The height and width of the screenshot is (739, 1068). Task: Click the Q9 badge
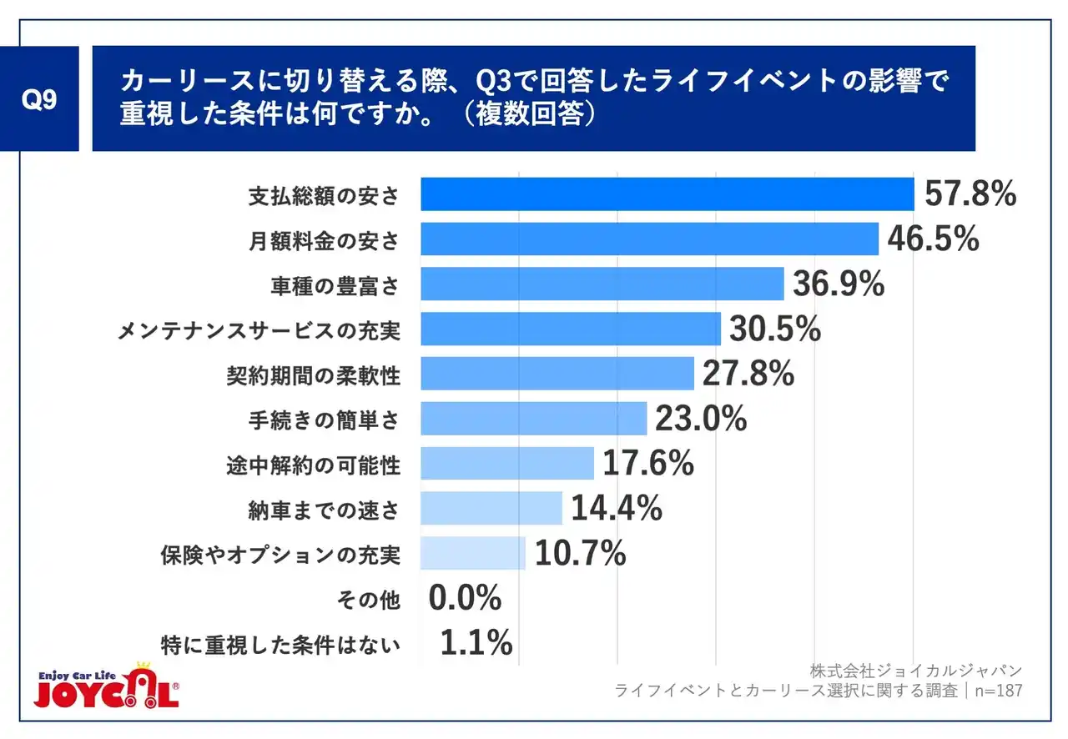pyautogui.click(x=39, y=99)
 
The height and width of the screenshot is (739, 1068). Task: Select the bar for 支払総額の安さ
pyautogui.click(x=667, y=194)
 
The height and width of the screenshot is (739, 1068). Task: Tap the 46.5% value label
pyautogui.click(x=933, y=239)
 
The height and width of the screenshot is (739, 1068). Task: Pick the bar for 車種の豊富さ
pyautogui.click(x=602, y=284)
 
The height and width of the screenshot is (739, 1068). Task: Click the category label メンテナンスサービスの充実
pyautogui.click(x=258, y=330)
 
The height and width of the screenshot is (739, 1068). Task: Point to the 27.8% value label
pyautogui.click(x=748, y=375)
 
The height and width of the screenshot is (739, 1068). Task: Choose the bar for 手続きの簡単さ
pyautogui.click(x=533, y=419)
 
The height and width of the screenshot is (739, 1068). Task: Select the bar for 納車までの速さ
pyautogui.click(x=491, y=508)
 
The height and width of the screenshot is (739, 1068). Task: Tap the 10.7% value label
pyautogui.click(x=580, y=553)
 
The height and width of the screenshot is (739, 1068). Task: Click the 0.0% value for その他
pyautogui.click(x=465, y=598)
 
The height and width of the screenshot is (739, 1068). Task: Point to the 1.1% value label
pyautogui.click(x=476, y=643)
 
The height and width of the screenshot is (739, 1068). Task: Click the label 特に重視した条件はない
pyautogui.click(x=280, y=644)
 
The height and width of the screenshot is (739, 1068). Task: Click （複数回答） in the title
pyautogui.click(x=534, y=114)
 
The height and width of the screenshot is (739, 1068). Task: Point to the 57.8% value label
pyautogui.click(x=970, y=194)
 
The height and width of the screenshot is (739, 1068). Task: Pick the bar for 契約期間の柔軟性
pyautogui.click(x=557, y=374)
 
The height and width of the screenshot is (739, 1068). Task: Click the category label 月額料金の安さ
pyautogui.click(x=324, y=240)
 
